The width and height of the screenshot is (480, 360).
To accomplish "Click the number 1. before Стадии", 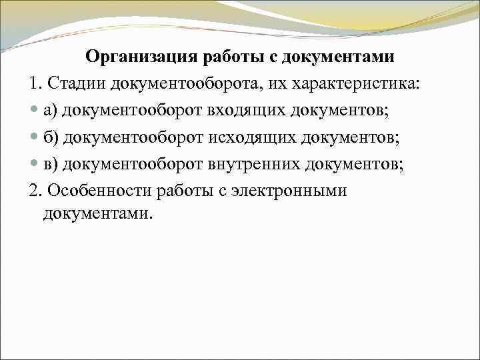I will tap(37, 84).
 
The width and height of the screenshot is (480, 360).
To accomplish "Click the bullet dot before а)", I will tap(35, 111).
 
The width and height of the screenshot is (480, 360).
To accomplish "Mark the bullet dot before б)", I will tap(35, 138).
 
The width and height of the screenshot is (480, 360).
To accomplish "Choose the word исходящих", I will tap(244, 138).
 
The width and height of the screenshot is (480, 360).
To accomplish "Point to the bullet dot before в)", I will tap(35, 165).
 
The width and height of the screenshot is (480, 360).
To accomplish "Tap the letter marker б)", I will tap(51, 138).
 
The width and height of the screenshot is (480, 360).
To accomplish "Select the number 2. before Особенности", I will tap(37, 191).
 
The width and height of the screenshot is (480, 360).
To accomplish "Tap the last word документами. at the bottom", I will tap(97, 214).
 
